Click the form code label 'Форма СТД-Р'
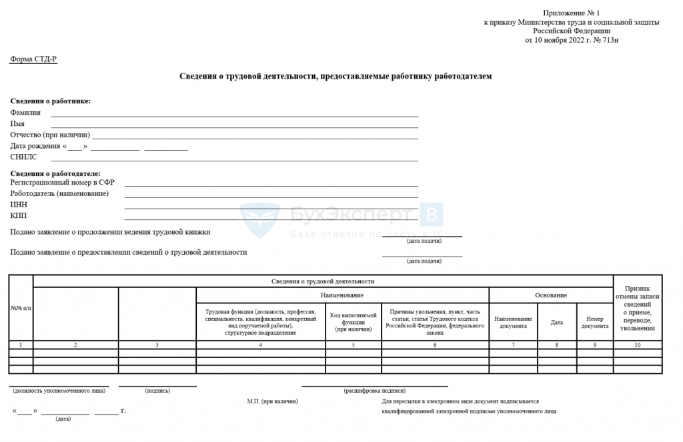pos(33,59)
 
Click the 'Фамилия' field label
pos(25,113)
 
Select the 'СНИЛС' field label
pos(24,157)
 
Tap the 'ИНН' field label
pos(19,205)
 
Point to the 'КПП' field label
pos(19,216)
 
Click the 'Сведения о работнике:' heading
pos(50,101)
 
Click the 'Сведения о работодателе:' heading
pos(55,173)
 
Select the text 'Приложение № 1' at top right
pos(572,13)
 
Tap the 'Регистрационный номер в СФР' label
pos(63,182)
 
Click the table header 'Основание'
pos(551,295)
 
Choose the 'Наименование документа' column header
pos(513,322)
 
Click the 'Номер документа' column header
pos(594,322)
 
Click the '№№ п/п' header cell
pos(21,308)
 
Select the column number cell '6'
pos(434,345)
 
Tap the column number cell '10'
pos(637,345)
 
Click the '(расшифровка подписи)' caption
pos(374,391)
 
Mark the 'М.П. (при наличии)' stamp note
pos(272,401)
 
